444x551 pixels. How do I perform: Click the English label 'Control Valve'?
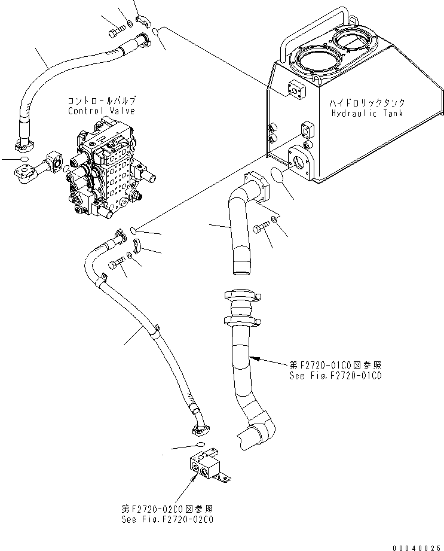101,111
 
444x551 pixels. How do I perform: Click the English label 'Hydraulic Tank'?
366,113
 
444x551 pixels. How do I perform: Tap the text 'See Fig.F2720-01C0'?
335,376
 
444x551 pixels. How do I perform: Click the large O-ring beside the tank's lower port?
276,178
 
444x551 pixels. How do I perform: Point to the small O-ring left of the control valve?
23,160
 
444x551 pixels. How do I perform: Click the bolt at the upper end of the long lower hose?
117,263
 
